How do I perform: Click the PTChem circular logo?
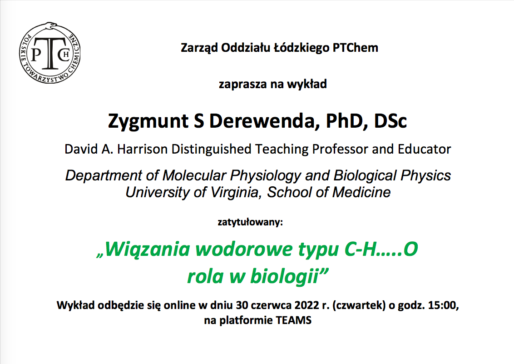click(50, 53)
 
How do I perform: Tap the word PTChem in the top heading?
click(356, 48)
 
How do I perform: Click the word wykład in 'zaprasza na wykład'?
click(307, 84)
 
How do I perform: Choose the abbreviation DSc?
click(390, 121)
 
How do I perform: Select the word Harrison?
click(142, 149)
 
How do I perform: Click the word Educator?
click(424, 149)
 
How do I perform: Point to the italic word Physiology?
click(265, 176)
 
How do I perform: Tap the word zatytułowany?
click(250, 222)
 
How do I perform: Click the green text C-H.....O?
click(381, 249)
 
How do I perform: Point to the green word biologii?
click(284, 276)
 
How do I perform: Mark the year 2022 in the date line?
click(306, 305)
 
